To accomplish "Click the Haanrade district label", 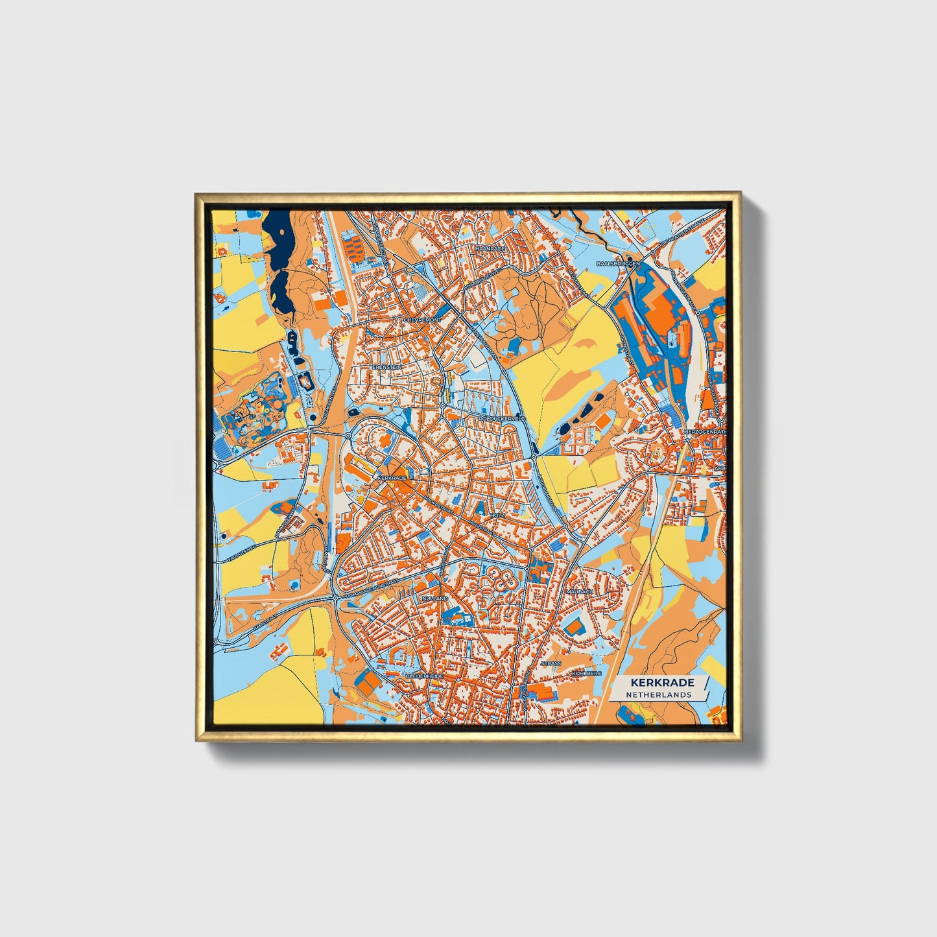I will tap(490, 249).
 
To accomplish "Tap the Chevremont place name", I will tap(421, 320).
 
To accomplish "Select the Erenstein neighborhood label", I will tap(386, 367).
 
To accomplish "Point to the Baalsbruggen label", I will tap(618, 264).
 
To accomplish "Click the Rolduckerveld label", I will tap(501, 420).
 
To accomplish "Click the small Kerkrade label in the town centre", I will tap(391, 478).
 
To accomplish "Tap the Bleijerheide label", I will tap(424, 676).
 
